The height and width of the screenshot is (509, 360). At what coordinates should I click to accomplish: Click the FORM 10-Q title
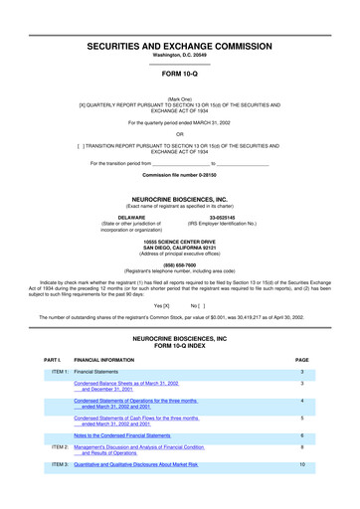coord(179,74)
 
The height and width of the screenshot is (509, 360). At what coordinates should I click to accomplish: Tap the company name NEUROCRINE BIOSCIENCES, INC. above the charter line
coord(179,199)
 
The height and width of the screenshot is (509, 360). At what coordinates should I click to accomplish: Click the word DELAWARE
coord(132,217)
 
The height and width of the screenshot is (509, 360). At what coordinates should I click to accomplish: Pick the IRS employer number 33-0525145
coord(222,217)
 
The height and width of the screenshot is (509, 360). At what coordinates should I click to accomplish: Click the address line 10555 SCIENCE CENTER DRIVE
coord(179,242)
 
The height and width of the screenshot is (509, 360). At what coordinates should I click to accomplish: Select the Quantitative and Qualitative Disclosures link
coord(136,464)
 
